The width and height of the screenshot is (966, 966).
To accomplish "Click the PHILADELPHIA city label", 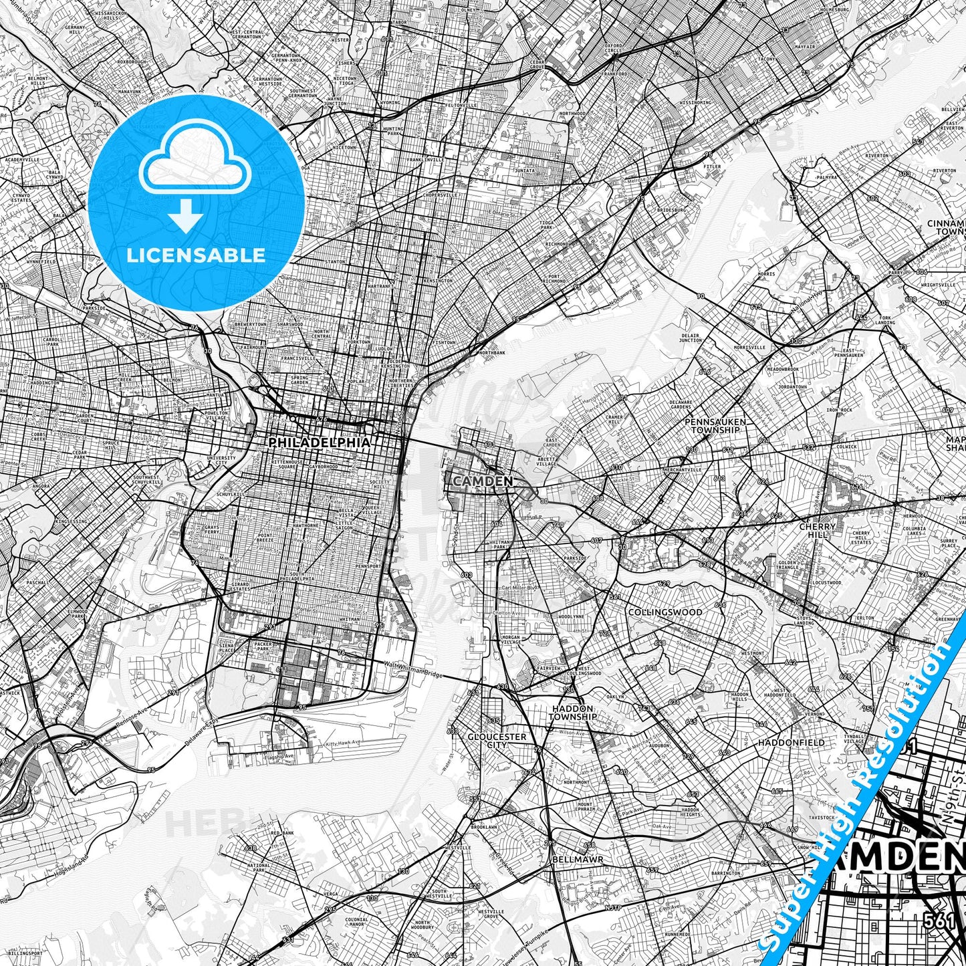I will (x=319, y=443).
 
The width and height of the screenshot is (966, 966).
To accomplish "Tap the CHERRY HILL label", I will (x=817, y=530).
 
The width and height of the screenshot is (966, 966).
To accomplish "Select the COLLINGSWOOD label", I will (x=665, y=612).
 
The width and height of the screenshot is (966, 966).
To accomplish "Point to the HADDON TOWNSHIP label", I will (x=572, y=712).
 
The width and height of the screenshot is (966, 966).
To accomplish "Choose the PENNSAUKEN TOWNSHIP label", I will (x=715, y=426).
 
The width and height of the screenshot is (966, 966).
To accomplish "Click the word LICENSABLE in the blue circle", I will (x=197, y=255).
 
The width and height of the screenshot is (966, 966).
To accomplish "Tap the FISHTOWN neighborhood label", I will (x=444, y=342).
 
